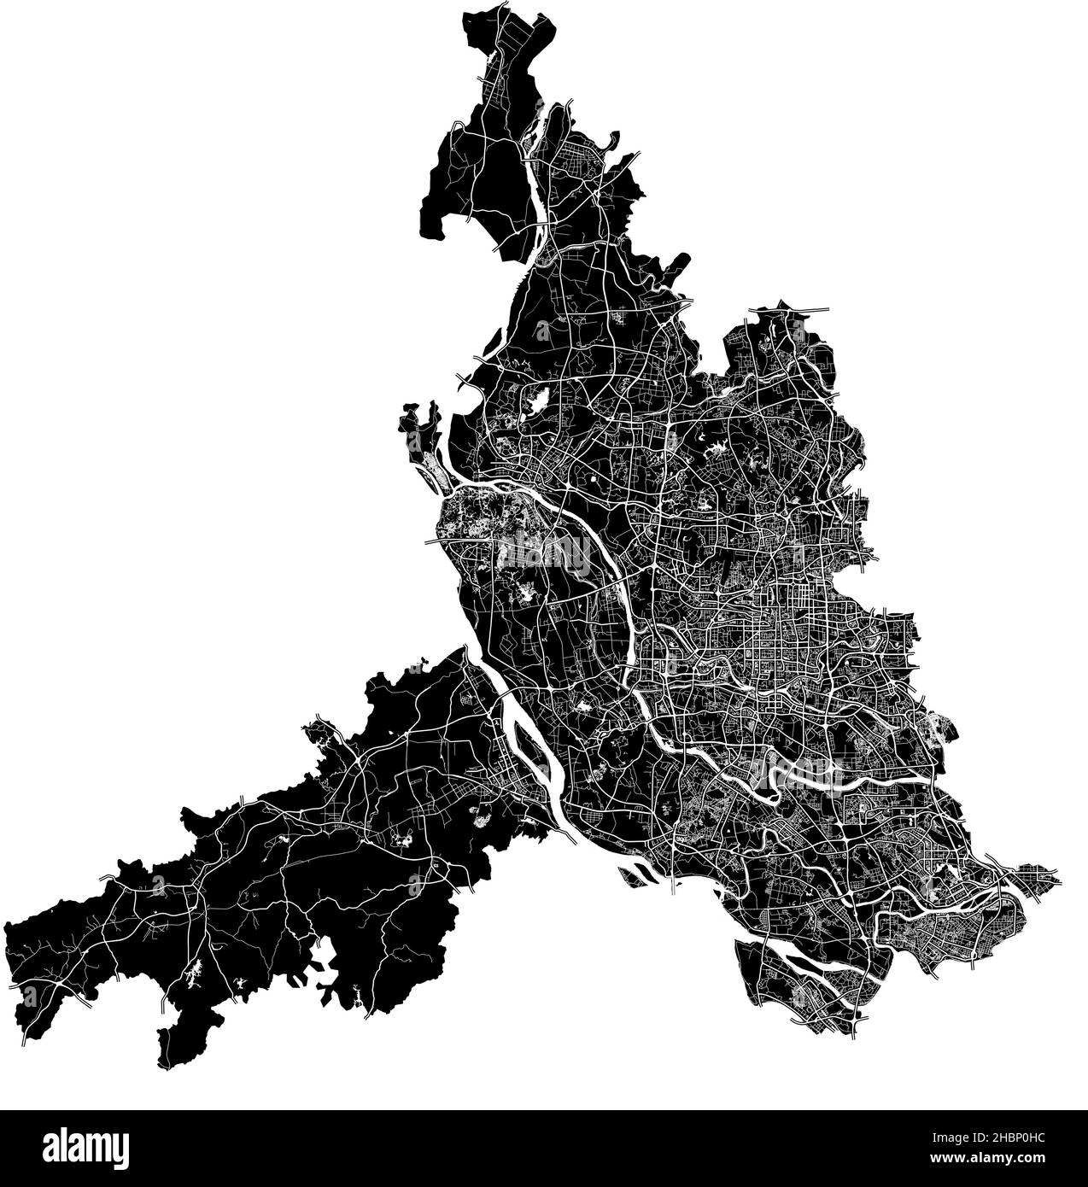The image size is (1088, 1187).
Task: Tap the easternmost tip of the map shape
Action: (x=1062, y=876)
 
